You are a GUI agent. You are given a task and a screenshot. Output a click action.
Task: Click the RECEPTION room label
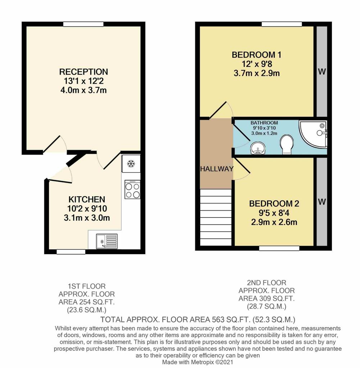tap(83, 72)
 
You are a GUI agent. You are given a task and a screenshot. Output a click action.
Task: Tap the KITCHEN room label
tap(87, 199)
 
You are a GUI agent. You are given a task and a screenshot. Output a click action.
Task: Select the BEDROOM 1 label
tap(256, 55)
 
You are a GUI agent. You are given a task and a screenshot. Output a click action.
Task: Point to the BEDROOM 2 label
tap(274, 204)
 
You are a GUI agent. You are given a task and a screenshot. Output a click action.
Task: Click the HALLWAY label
tap(217, 169)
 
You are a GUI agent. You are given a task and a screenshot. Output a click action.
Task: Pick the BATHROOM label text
tap(264, 123)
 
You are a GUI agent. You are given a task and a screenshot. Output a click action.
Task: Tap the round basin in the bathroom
tap(258, 148)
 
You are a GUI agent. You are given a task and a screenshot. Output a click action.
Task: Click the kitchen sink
tap(106, 241)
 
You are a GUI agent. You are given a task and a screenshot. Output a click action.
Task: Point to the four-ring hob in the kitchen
tap(132, 190)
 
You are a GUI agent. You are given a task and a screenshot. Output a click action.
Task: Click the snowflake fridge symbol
tap(131, 164)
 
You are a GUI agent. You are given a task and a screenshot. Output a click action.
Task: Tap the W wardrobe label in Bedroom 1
tap(322, 72)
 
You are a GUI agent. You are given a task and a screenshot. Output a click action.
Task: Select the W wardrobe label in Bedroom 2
tap(322, 202)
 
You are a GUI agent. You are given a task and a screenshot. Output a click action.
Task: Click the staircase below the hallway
tap(215, 217)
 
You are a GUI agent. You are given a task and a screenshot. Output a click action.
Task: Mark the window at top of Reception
tap(83, 24)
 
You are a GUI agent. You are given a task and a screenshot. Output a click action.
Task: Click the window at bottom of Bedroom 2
tap(279, 248)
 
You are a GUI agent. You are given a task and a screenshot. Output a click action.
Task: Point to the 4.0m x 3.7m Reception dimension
tap(83, 90)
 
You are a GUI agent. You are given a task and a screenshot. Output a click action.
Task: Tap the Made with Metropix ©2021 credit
tap(197, 362)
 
